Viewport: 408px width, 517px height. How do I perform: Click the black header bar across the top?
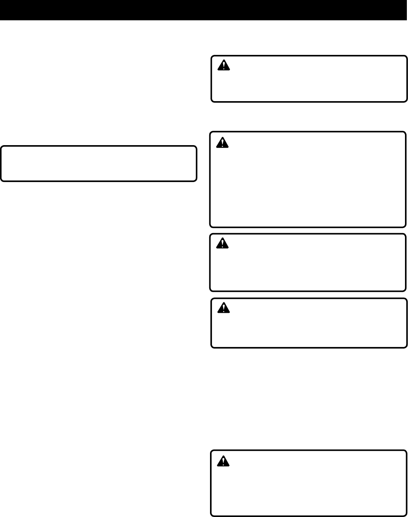point(204,10)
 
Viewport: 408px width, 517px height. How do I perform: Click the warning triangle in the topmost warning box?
point(224,66)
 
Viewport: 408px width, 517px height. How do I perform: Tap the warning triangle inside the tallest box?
point(222,142)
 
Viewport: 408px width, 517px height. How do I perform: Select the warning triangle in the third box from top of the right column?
point(222,243)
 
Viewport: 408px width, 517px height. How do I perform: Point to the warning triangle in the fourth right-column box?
point(224,308)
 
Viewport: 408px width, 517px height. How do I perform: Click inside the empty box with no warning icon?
point(99,164)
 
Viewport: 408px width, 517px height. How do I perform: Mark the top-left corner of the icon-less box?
point(2,147)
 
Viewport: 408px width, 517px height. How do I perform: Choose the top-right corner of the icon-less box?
point(196,147)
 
